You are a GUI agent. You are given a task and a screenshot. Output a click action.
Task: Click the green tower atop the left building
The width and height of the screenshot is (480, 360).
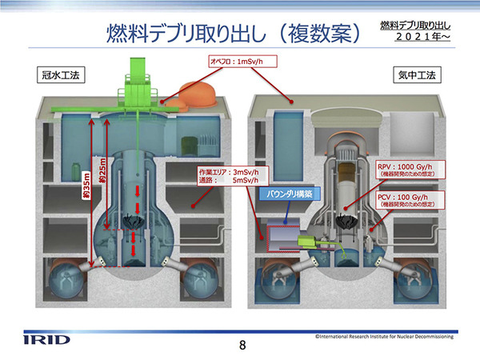coord(142,77)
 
